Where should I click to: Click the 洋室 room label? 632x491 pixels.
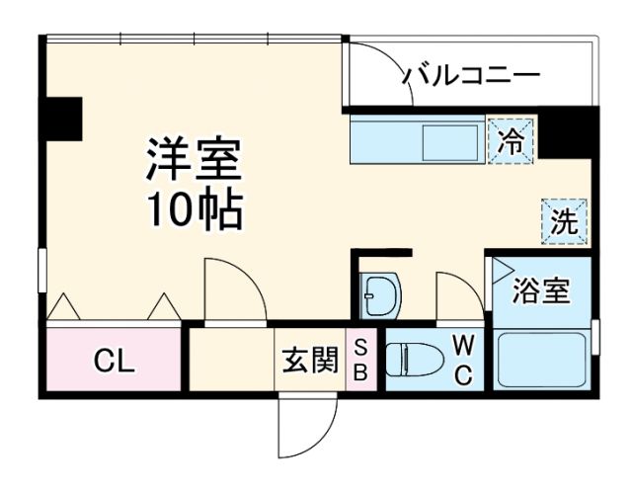[x=195, y=158]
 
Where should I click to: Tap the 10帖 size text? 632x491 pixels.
[x=195, y=208]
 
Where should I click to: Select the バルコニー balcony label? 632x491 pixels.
[x=470, y=75]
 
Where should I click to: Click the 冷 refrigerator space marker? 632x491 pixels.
[x=511, y=139]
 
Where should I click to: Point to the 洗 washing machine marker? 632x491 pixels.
[x=563, y=221]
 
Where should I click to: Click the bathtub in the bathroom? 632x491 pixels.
[x=541, y=360]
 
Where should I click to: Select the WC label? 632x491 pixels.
[x=462, y=359]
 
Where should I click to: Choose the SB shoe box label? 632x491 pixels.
[x=360, y=360]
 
